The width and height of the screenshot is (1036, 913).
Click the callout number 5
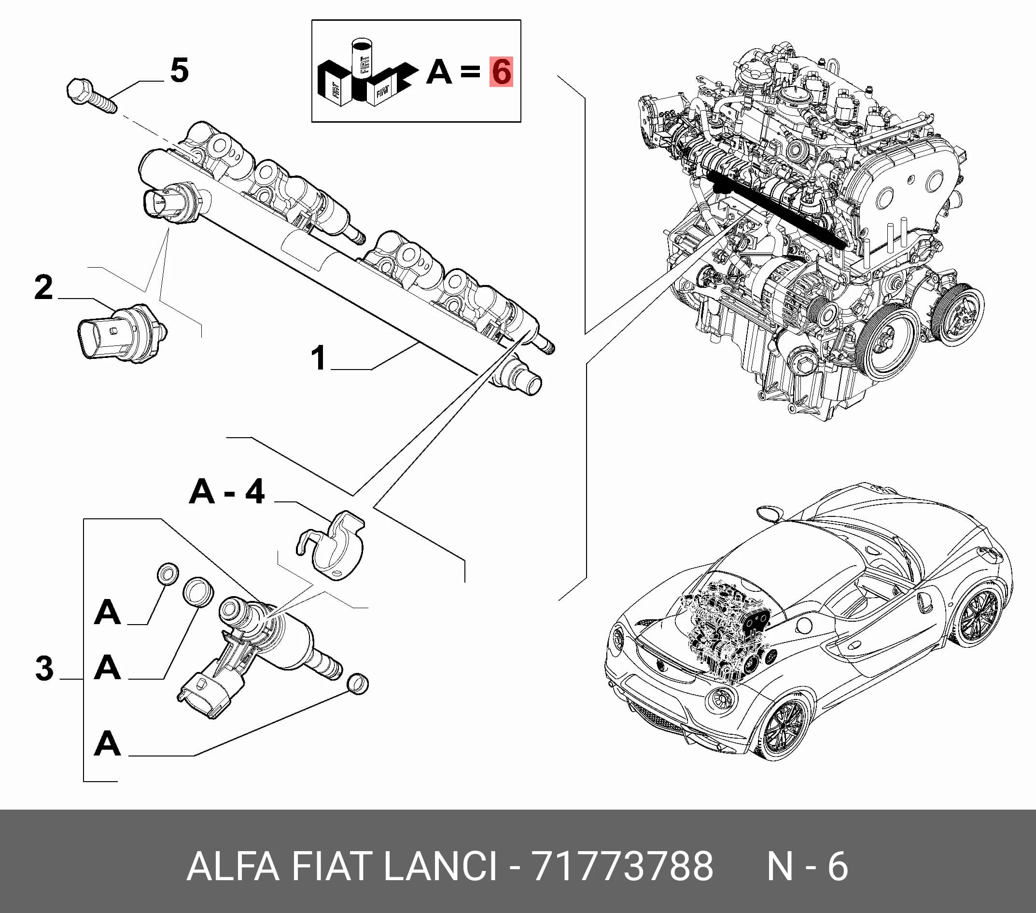[180, 70]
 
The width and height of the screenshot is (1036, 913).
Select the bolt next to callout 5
[92, 95]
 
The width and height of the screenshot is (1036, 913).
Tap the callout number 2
[43, 287]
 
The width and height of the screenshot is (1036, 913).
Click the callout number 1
[318, 357]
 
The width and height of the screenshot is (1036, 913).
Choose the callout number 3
[44, 668]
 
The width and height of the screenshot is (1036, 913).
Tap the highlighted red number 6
[501, 71]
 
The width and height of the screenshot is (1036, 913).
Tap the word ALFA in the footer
[233, 866]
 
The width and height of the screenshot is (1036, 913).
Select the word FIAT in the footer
[330, 866]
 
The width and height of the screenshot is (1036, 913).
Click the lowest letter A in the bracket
[108, 743]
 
